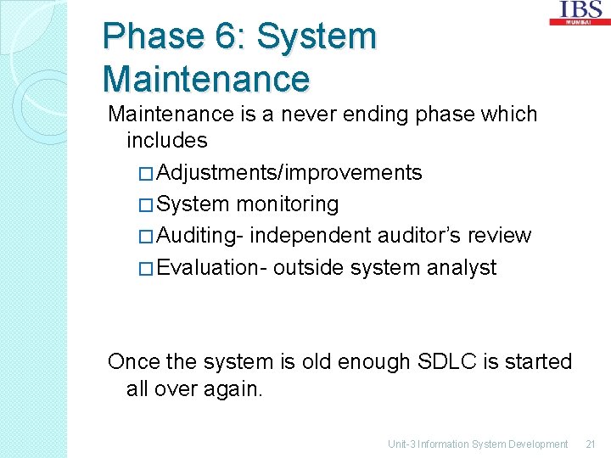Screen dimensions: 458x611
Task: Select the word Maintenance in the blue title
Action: (205, 79)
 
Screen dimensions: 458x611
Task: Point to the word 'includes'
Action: (166, 139)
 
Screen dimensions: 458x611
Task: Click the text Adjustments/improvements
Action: (289, 173)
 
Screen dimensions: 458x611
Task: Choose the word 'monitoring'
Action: (287, 204)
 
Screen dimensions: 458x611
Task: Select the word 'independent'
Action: (311, 236)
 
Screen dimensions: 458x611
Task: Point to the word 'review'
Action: (502, 236)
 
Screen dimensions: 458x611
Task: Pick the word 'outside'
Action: (308, 268)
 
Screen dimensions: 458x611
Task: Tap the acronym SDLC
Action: (446, 361)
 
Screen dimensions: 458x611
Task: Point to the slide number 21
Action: (591, 444)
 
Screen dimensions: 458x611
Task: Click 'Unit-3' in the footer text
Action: (402, 444)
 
